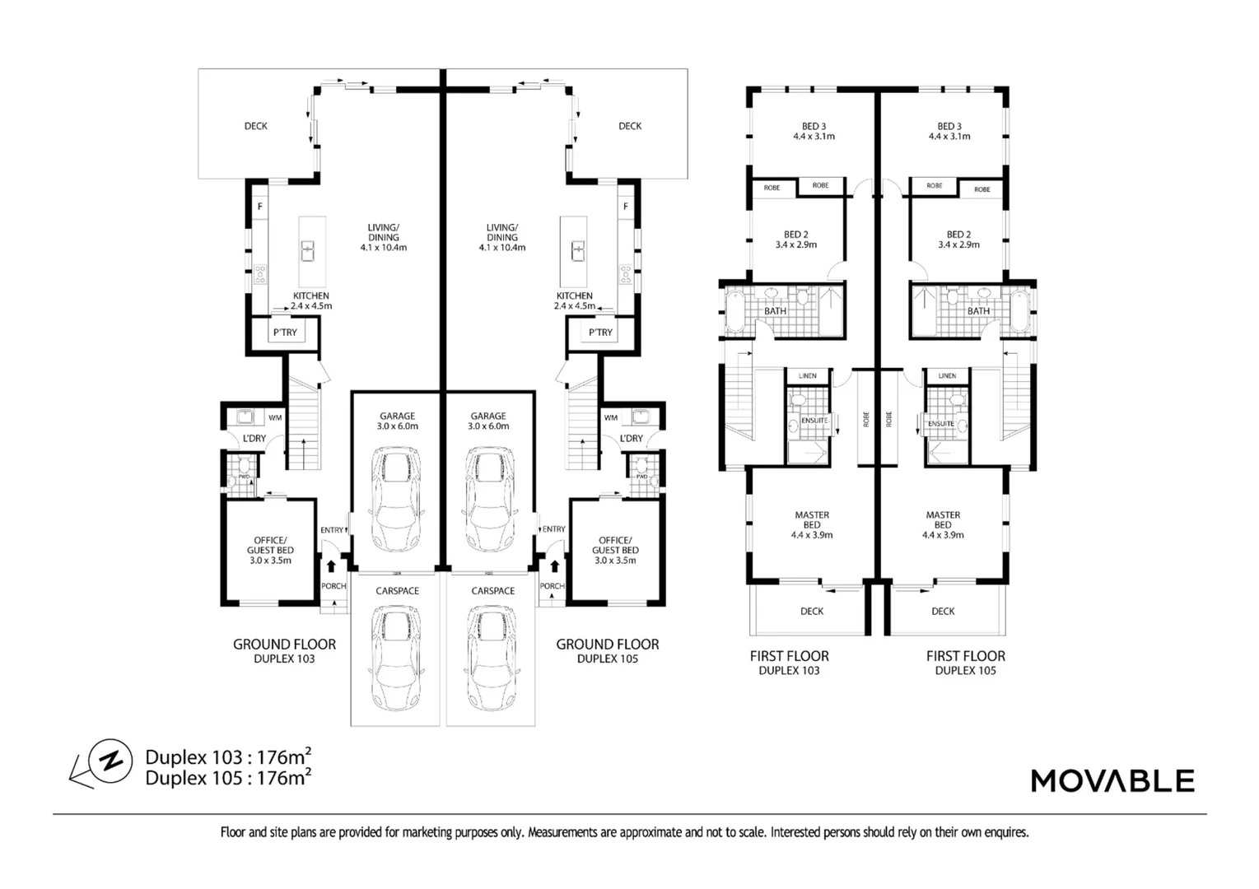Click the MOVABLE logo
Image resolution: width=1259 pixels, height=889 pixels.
[x=1112, y=780]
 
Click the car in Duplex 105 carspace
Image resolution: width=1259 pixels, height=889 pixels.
[x=492, y=659]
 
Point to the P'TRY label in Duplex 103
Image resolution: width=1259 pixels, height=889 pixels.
[x=285, y=333]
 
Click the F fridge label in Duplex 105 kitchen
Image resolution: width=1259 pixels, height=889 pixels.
[x=626, y=207]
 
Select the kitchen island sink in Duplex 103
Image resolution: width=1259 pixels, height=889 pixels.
[x=309, y=249]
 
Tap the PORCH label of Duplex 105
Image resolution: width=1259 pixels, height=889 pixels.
[x=552, y=586]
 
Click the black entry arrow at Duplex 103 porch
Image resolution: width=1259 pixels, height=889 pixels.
[x=331, y=566]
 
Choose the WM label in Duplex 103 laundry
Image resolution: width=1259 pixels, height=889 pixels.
[x=275, y=418]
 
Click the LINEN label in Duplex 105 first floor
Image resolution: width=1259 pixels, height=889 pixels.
[x=947, y=376]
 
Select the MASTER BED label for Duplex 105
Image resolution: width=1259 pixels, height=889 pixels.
[x=943, y=524]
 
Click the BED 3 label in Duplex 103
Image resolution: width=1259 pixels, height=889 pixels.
[x=814, y=131]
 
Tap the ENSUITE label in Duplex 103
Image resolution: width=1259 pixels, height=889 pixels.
[x=814, y=421]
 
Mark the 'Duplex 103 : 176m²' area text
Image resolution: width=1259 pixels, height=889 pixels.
[x=228, y=756]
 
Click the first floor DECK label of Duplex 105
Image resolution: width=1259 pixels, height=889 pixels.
[x=943, y=611]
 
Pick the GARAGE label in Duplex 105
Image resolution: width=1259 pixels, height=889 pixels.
[x=488, y=421]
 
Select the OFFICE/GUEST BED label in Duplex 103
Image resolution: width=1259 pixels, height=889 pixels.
[x=270, y=550]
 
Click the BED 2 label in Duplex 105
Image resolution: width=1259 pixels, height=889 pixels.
[x=958, y=240]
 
